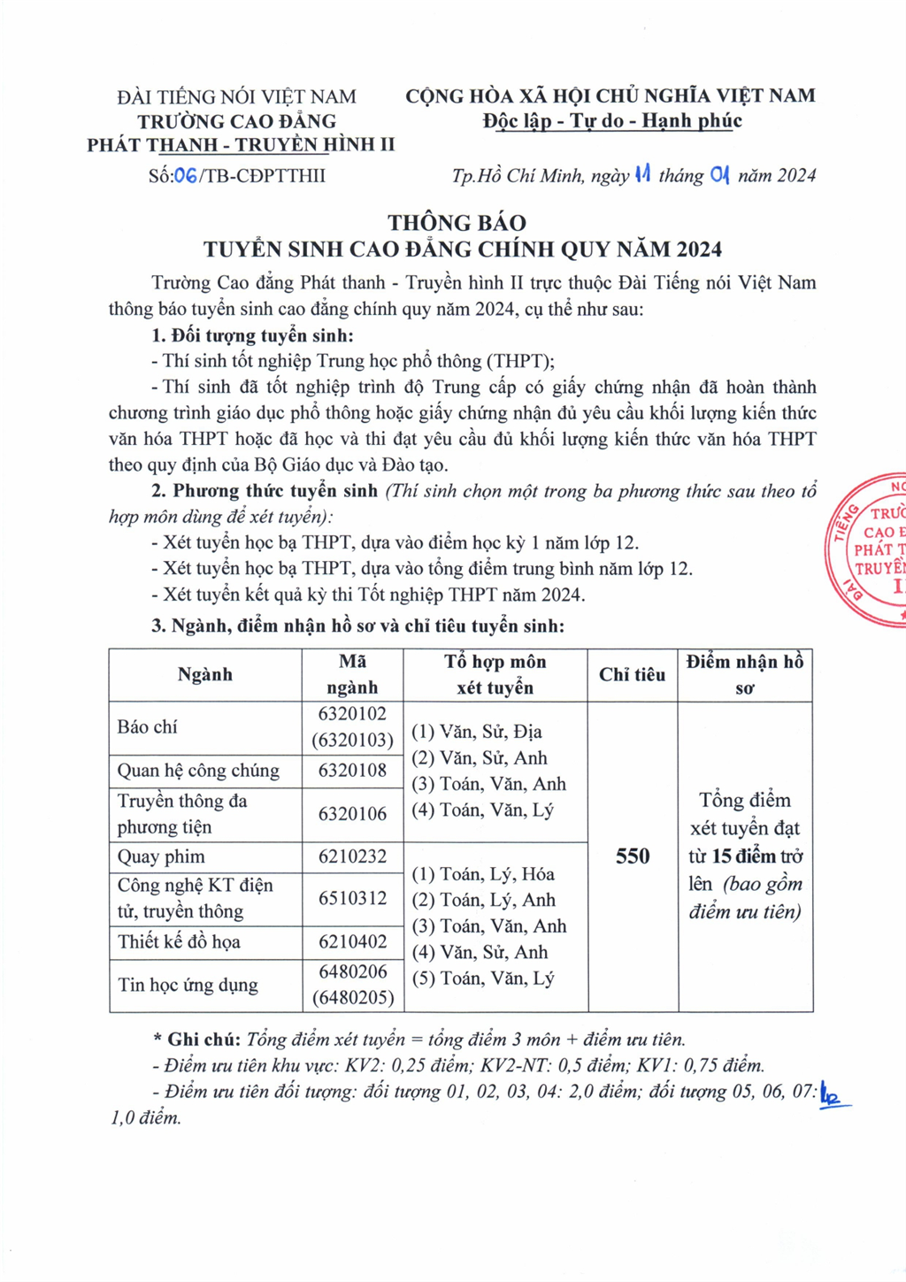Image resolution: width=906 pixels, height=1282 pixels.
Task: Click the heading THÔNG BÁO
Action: [457, 223]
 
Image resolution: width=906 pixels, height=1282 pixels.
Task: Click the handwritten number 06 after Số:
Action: [186, 175]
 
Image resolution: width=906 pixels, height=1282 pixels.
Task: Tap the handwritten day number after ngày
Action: [642, 174]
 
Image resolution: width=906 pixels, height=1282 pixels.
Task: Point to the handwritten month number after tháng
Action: [720, 175]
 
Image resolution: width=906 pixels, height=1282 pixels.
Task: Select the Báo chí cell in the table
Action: [148, 727]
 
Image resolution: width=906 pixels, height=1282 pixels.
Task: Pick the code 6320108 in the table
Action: [352, 771]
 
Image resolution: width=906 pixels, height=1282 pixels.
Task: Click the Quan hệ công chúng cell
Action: [198, 771]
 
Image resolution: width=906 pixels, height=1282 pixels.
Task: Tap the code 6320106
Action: [352, 814]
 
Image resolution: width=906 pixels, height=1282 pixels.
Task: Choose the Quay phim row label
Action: [161, 856]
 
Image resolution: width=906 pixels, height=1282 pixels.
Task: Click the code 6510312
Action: [352, 898]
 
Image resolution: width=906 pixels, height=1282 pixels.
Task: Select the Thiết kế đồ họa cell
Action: [180, 942]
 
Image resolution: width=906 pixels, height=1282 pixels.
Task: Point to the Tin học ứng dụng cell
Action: [188, 985]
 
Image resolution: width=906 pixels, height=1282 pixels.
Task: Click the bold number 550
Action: [633, 856]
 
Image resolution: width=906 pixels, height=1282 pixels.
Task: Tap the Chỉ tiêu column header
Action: [632, 675]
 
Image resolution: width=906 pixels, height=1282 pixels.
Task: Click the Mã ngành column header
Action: [352, 675]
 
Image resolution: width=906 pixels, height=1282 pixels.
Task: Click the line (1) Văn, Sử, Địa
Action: [477, 732]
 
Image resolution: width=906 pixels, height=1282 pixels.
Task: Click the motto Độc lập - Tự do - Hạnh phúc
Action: [611, 121]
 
